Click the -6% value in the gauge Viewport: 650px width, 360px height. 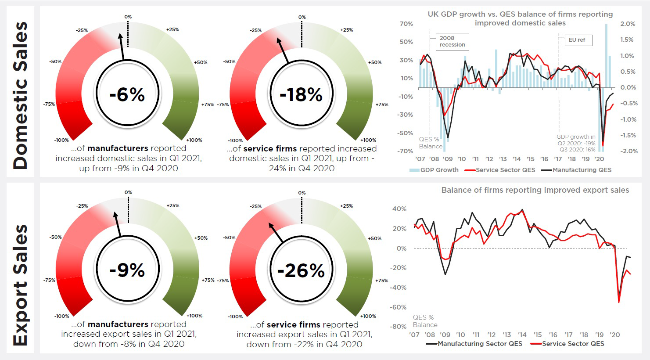[x=127, y=94]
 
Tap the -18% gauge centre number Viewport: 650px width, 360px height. [x=301, y=94]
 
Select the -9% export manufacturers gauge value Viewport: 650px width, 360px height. [x=127, y=270]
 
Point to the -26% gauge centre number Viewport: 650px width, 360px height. [x=301, y=270]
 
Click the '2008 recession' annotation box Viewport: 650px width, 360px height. [x=452, y=42]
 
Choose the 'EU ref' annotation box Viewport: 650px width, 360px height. [x=577, y=40]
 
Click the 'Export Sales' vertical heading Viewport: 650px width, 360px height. [x=20, y=285]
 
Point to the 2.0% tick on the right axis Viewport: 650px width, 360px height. [x=628, y=24]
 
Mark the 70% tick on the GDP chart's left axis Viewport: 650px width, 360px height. [x=406, y=24]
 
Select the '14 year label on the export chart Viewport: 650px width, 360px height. [x=522, y=335]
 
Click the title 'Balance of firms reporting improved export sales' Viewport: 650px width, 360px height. [x=535, y=190]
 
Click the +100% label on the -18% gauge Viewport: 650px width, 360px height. [x=368, y=140]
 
